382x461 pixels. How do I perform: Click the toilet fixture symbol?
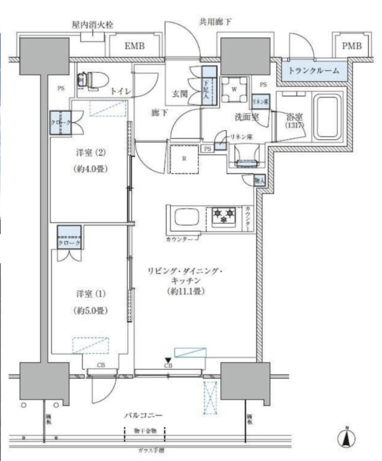pyautogui.click(x=92, y=81)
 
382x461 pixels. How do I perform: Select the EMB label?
pyautogui.click(x=134, y=47)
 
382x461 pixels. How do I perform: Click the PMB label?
pyautogui.click(x=351, y=46)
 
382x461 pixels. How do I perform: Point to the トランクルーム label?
pyautogui.click(x=313, y=71)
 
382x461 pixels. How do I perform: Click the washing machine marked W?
pyautogui.click(x=234, y=89)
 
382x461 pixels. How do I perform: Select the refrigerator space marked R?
pyautogui.click(x=184, y=159)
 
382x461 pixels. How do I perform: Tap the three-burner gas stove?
pyautogui.click(x=224, y=216)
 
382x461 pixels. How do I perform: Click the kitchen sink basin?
pyautogui.click(x=186, y=218)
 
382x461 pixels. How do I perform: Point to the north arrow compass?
pyautogui.click(x=346, y=438)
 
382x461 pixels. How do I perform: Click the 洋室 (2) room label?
pyautogui.click(x=91, y=152)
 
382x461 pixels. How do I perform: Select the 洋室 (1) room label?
pyautogui.click(x=91, y=294)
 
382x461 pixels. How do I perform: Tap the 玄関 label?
pyautogui.click(x=180, y=94)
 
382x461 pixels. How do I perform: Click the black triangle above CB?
pyautogui.click(x=168, y=360)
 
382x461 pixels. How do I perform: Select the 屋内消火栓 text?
pyautogui.click(x=92, y=25)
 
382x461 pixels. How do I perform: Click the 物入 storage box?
pyautogui.click(x=260, y=181)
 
